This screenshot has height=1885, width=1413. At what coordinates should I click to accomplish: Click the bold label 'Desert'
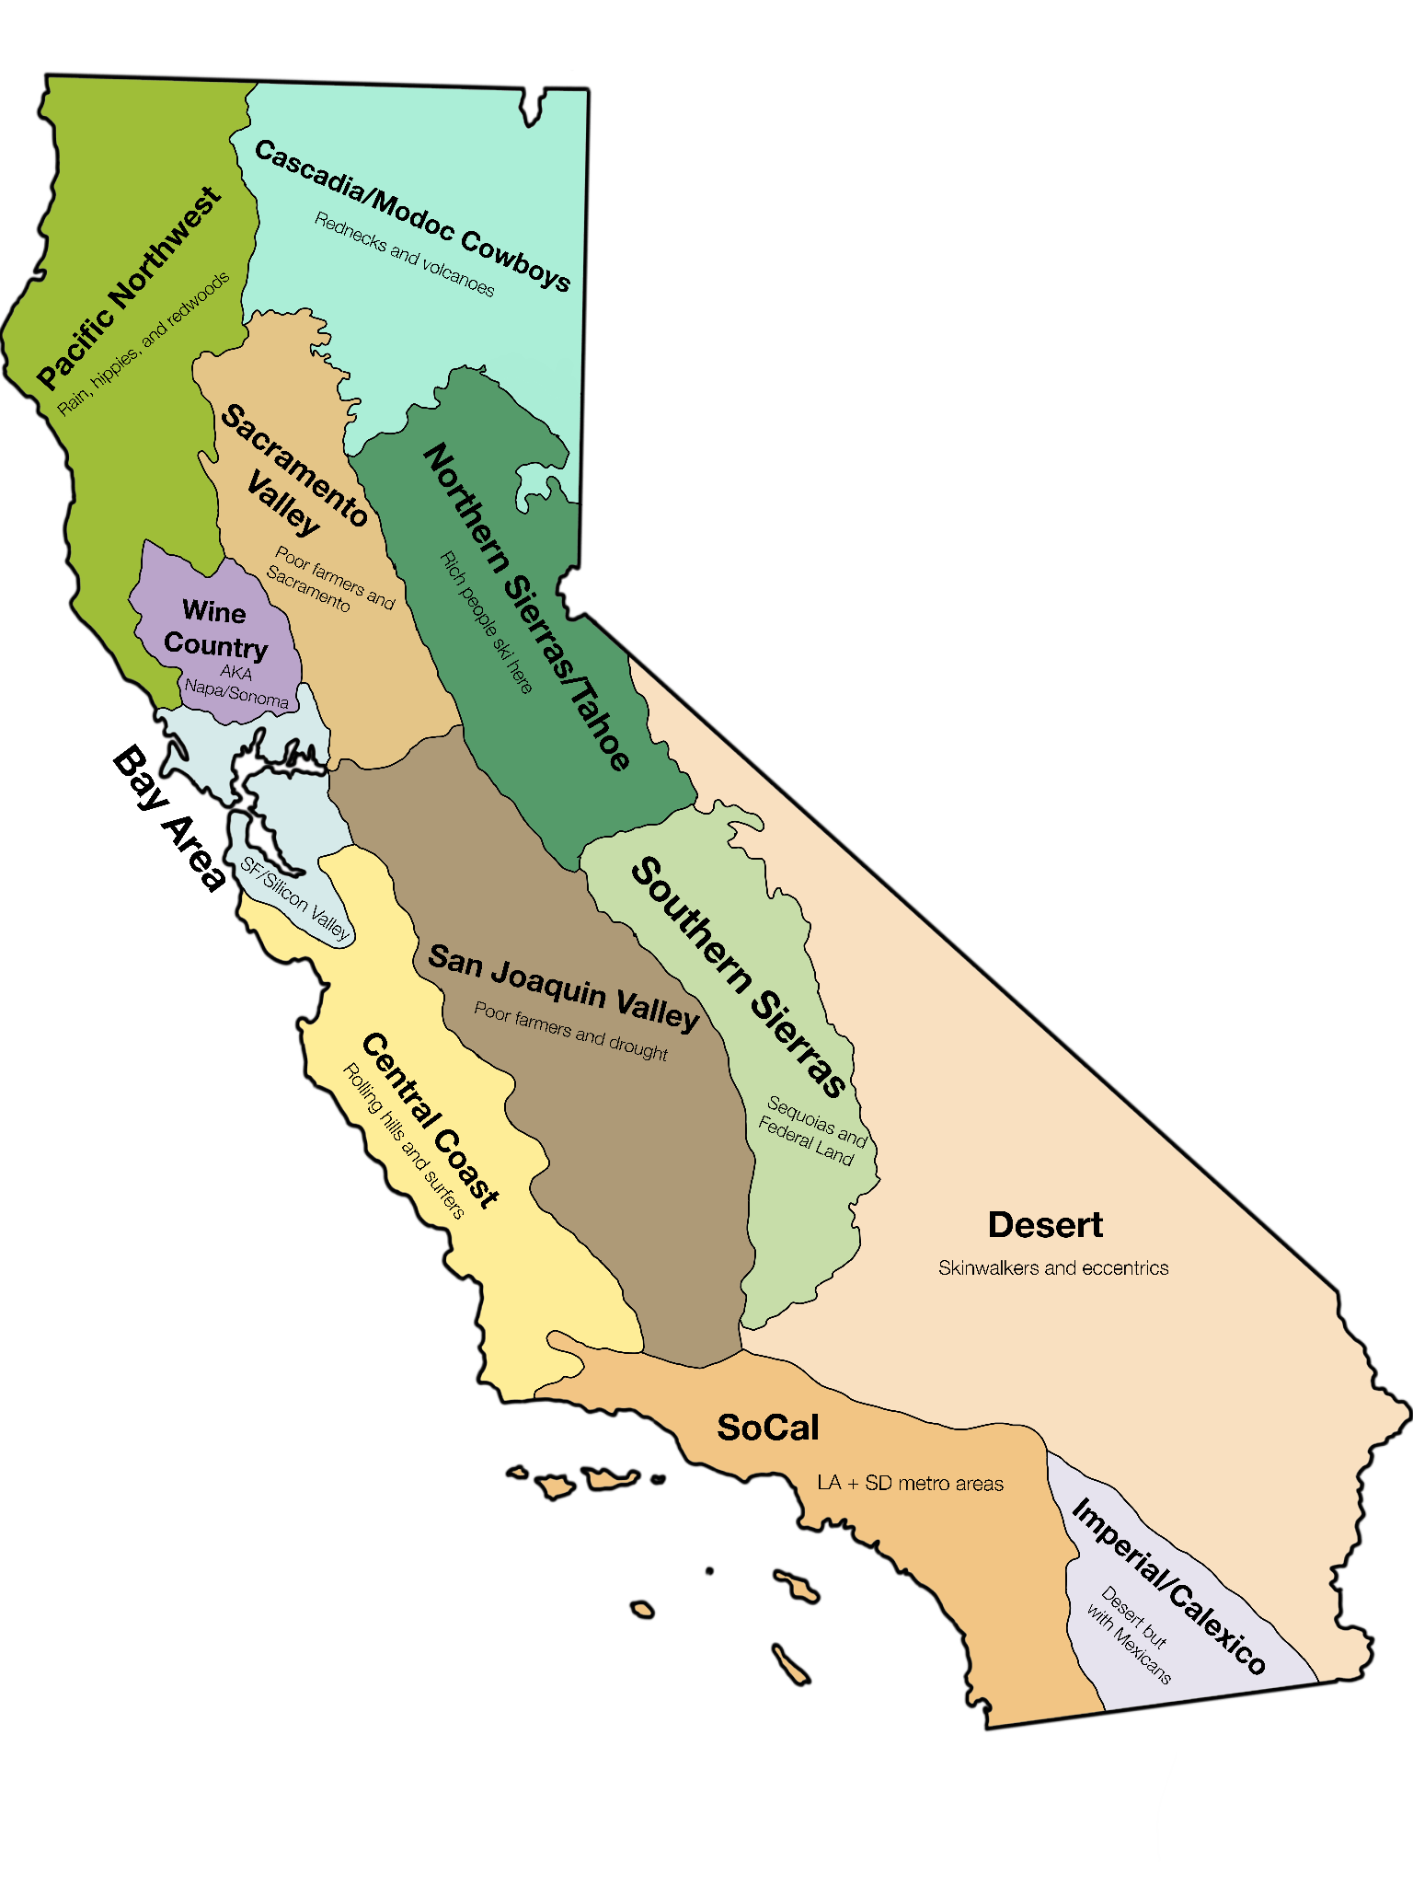(x=1045, y=1225)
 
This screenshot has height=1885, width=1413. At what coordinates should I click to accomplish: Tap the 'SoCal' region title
(x=768, y=1428)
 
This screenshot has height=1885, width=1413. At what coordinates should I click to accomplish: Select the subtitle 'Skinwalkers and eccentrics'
(x=1053, y=1268)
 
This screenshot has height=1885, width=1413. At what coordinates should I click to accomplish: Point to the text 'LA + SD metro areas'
(x=910, y=1483)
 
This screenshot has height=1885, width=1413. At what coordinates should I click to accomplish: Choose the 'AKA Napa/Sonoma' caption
(x=236, y=685)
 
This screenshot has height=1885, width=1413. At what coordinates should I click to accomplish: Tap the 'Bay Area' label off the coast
(x=169, y=819)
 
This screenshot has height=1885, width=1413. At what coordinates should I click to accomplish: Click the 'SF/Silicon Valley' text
(x=295, y=897)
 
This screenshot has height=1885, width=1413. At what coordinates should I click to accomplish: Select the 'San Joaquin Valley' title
(x=563, y=985)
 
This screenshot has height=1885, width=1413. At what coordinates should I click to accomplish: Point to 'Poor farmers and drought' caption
(x=570, y=1031)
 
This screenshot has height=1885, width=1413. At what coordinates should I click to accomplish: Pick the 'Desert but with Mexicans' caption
(x=1130, y=1635)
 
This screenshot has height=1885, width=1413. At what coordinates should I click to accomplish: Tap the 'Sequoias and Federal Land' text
(x=812, y=1130)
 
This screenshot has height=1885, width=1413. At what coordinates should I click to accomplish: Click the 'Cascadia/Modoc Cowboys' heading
(x=412, y=214)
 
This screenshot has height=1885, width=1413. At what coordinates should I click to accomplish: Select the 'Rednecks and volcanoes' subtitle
(x=405, y=254)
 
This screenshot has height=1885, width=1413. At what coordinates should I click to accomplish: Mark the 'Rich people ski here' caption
(x=487, y=622)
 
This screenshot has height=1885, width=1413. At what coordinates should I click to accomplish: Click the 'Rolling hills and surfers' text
(x=403, y=1141)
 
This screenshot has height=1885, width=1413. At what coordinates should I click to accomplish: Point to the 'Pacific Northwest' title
(x=129, y=287)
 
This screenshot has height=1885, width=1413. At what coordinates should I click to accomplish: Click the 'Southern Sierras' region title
(x=739, y=977)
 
